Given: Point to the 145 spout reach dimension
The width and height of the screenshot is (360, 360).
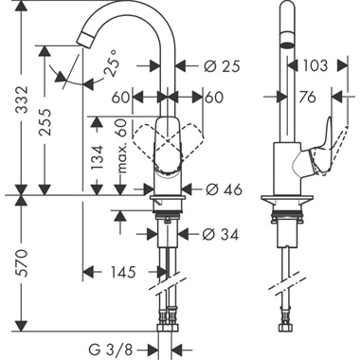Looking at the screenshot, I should click(122, 272).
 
